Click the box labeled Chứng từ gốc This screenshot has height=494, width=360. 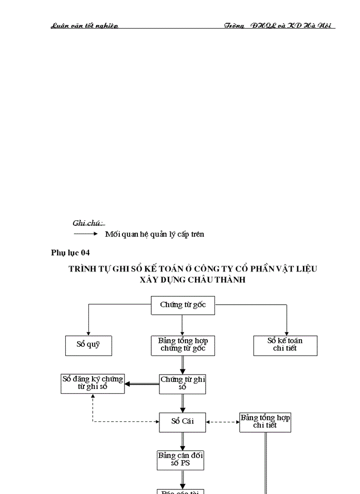183,305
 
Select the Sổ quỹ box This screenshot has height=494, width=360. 88,345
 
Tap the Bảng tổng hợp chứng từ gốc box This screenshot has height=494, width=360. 183,345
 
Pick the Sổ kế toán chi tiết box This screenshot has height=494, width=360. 285,345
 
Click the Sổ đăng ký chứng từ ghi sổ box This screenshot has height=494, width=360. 93,383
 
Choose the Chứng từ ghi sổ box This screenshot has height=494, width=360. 183,383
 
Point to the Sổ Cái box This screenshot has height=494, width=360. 183,422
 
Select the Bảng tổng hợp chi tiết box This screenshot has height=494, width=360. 265,422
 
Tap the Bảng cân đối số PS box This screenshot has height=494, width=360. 181,460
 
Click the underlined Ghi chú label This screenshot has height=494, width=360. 88,223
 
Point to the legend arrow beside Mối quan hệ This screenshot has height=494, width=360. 85,234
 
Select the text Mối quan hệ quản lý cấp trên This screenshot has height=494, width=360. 154,234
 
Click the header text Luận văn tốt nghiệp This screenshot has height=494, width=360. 84,26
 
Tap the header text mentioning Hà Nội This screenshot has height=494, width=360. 280,26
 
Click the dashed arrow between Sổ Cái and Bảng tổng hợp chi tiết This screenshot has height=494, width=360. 223,422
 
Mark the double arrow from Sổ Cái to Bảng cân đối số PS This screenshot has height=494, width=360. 183,440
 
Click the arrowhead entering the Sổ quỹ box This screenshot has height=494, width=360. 88,333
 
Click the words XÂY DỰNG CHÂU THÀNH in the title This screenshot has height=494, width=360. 193,280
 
